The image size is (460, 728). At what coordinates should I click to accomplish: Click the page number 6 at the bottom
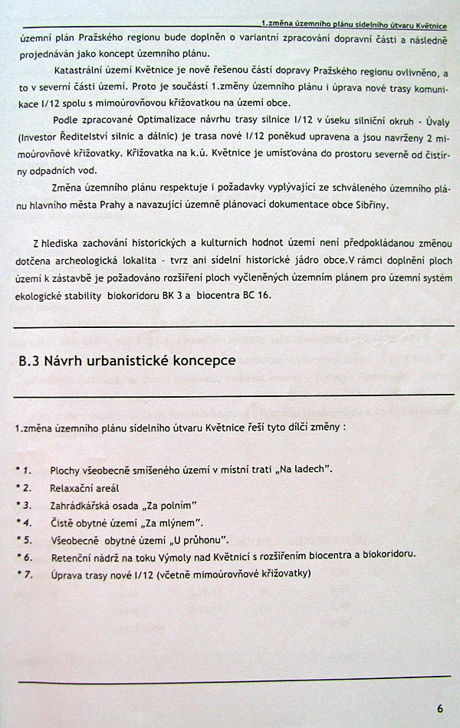[x=440, y=707]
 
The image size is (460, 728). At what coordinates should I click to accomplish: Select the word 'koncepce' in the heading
[x=203, y=360]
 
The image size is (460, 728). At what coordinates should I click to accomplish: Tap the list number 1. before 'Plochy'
[x=26, y=469]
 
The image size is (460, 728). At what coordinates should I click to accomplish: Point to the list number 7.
[x=26, y=574]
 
